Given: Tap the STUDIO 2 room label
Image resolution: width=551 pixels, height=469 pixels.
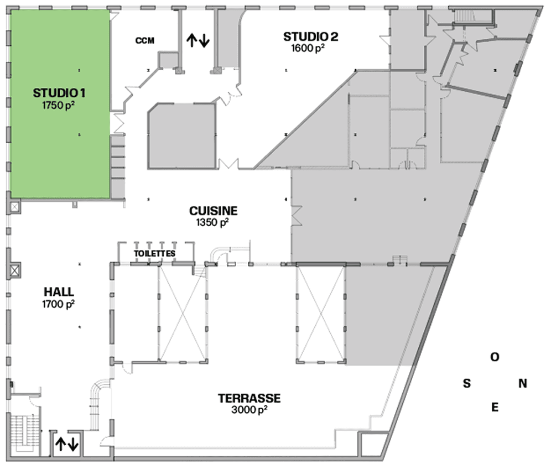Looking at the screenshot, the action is point(310,37).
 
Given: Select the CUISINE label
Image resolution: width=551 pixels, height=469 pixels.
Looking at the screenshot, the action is point(213,211).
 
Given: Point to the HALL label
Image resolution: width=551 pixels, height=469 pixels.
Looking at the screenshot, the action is point(58,291).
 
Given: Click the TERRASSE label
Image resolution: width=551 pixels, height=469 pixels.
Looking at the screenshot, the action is point(249,398).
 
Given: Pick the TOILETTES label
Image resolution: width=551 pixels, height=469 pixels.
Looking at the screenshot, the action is point(155,254).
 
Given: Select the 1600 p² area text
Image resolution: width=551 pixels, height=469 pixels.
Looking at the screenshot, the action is point(308,48).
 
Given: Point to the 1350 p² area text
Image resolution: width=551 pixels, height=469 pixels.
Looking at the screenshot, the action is point(212,222).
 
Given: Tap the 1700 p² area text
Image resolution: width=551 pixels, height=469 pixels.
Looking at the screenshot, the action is point(58,304).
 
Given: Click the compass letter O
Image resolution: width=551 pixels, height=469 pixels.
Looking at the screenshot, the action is point(495,358).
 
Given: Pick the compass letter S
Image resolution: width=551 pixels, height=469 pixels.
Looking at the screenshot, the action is point(467,383).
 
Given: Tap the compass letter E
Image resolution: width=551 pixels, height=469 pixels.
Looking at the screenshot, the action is point(495,408).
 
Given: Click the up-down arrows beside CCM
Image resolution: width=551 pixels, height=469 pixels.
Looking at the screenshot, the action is point(197,40).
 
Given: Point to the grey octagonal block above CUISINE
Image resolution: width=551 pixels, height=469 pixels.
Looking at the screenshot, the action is point(181,136).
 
